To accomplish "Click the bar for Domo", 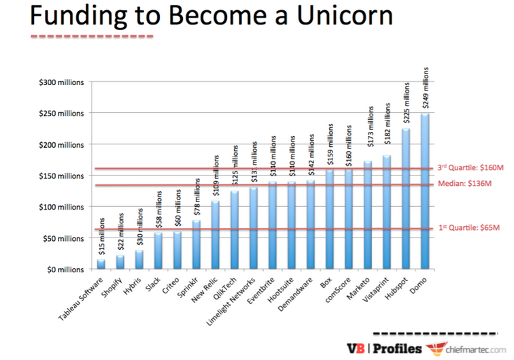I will [x=425, y=192].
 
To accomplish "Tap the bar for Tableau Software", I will [x=101, y=264].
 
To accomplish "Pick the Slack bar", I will [x=158, y=251].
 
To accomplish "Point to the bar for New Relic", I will [x=215, y=235].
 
